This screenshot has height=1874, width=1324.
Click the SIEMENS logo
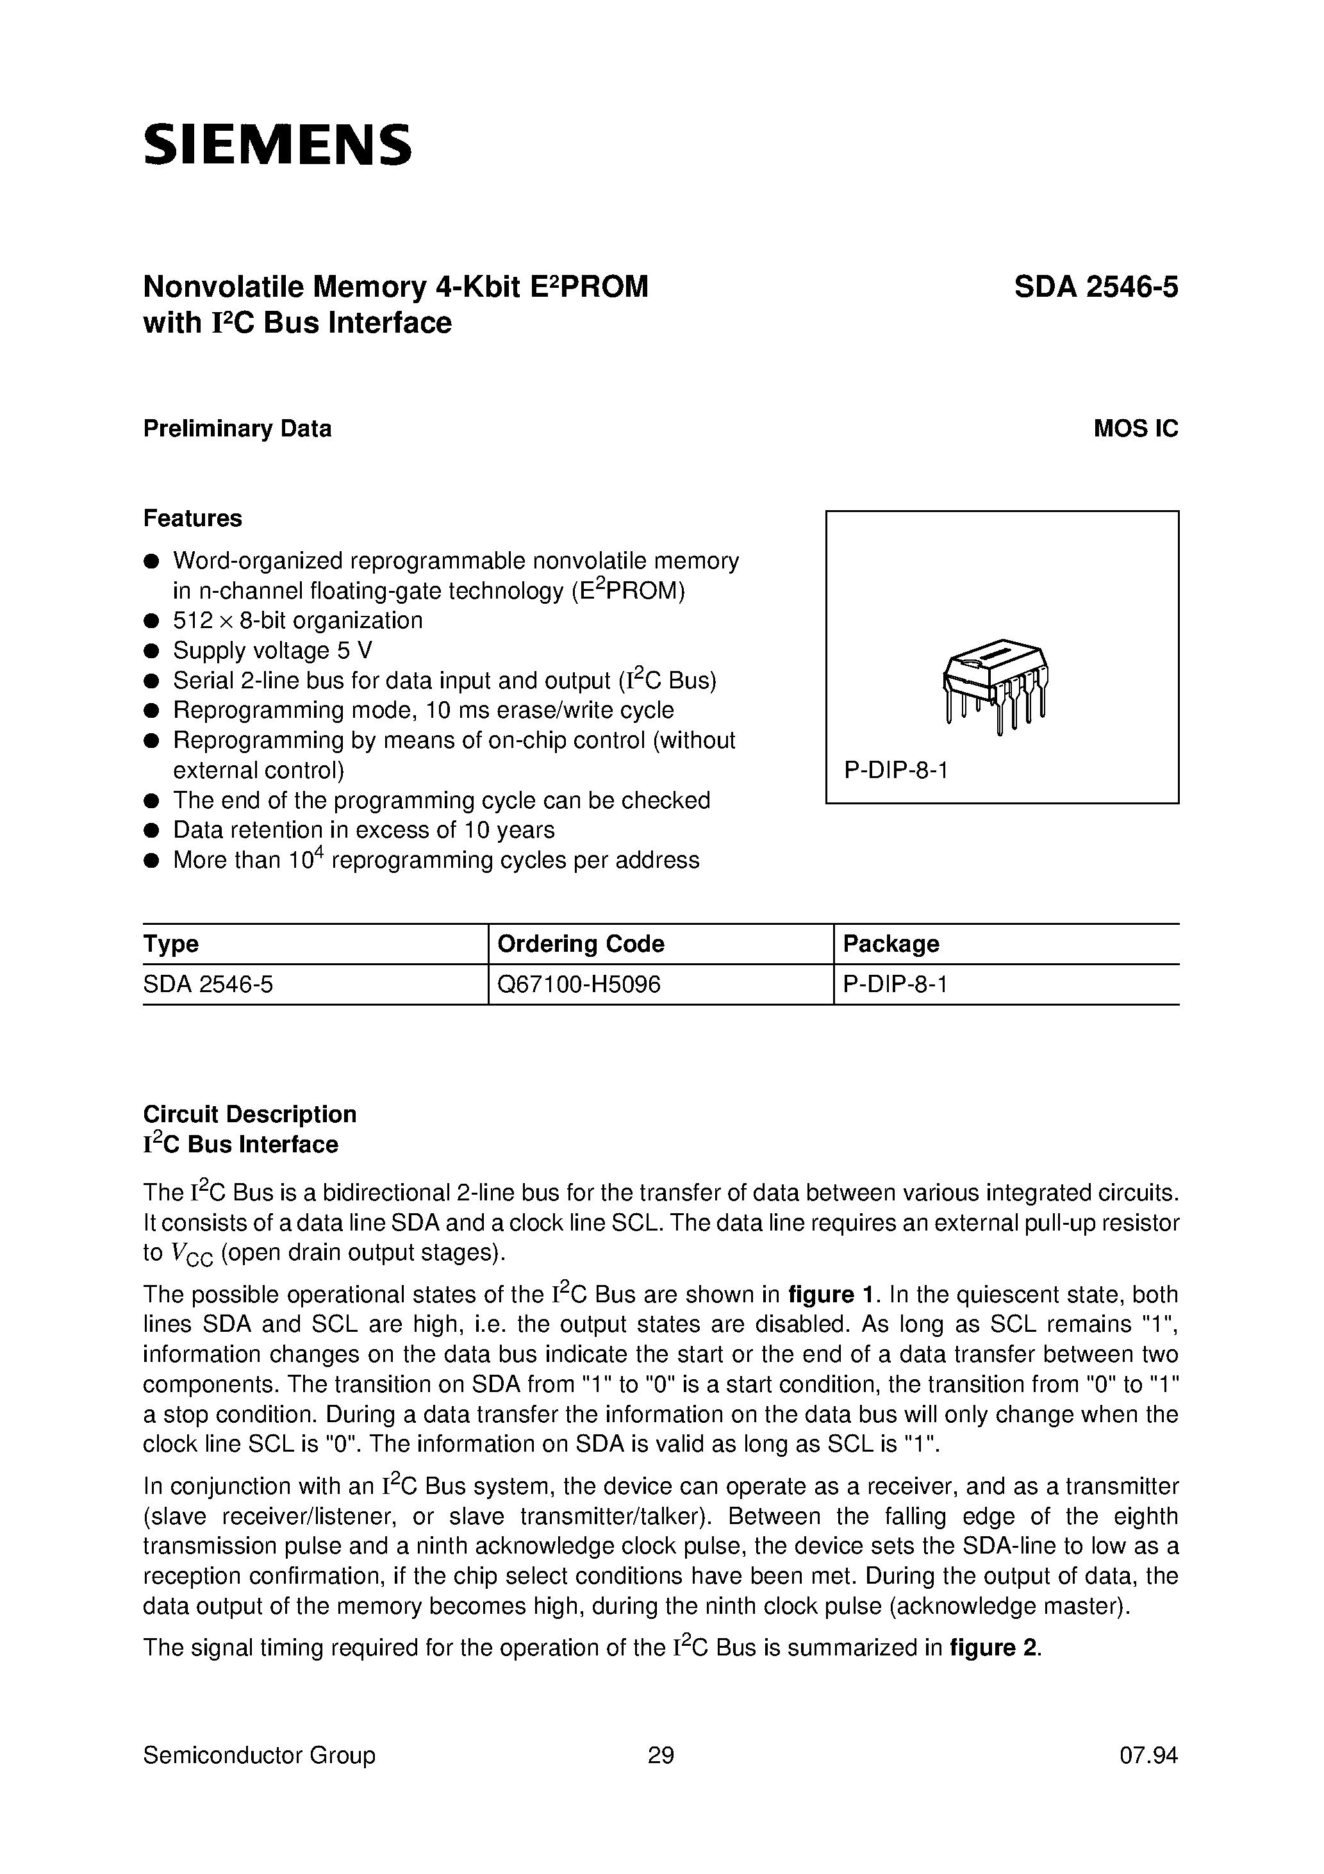(x=277, y=145)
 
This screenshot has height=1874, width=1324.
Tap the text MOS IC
(x=1136, y=429)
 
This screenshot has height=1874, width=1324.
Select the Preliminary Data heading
(x=236, y=429)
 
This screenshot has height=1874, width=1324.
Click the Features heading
(x=193, y=518)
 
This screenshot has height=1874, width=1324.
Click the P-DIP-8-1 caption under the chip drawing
(x=895, y=770)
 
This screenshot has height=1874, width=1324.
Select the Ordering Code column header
(x=581, y=943)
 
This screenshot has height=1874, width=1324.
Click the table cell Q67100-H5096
(x=578, y=984)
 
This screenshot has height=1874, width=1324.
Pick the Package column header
(x=891, y=943)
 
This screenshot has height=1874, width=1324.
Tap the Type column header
(x=170, y=943)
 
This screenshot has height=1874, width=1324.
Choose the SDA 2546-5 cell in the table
(x=208, y=984)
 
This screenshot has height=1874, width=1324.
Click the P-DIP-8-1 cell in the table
(x=895, y=984)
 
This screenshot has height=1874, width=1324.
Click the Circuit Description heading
(x=250, y=1114)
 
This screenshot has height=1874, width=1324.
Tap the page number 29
(x=660, y=1755)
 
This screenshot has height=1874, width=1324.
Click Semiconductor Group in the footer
(x=259, y=1755)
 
